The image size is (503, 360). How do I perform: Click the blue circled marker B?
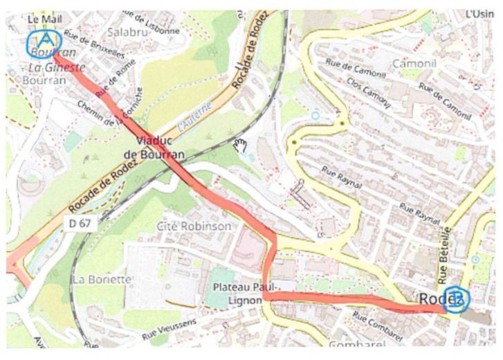click(x=456, y=300)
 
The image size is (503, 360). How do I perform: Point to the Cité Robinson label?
click(x=194, y=226)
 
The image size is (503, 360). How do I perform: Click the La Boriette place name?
click(x=101, y=279)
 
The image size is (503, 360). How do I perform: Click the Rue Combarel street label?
click(x=378, y=325)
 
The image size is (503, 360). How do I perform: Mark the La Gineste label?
click(x=57, y=67)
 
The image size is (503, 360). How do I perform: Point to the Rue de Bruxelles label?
click(x=94, y=44)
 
